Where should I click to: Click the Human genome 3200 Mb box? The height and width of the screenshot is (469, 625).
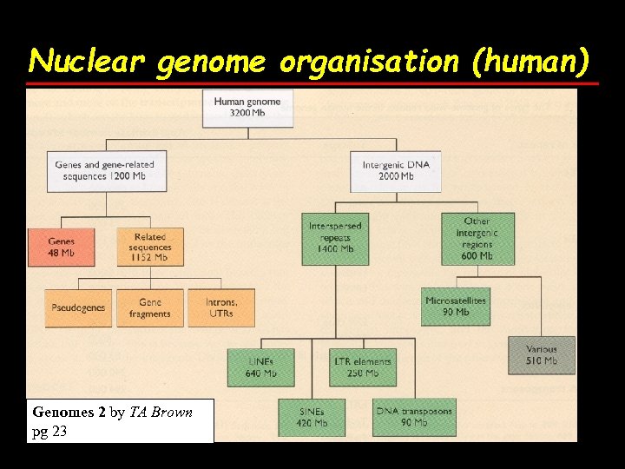[x=247, y=109]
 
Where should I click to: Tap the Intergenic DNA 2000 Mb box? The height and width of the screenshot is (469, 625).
[x=395, y=171]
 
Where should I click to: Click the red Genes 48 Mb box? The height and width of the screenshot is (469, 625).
[x=62, y=247]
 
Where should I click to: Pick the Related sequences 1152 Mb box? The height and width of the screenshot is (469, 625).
[x=150, y=247]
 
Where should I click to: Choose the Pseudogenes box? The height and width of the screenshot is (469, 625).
[x=79, y=307]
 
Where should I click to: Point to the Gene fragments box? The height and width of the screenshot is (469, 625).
[x=150, y=307]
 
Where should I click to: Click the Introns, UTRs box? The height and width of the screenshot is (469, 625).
[x=221, y=307]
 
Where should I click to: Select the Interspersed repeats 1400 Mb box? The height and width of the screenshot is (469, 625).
[x=336, y=237]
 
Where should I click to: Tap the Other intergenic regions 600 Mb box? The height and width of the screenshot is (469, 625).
[x=477, y=239]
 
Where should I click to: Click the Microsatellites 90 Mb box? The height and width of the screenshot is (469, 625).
[x=456, y=306]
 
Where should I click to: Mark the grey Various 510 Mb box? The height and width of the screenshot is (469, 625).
[x=542, y=354]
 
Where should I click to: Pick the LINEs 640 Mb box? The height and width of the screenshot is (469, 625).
[x=260, y=367]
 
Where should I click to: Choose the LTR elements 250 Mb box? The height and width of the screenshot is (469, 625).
[x=363, y=367]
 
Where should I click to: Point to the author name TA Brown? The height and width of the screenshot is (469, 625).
[x=161, y=412]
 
